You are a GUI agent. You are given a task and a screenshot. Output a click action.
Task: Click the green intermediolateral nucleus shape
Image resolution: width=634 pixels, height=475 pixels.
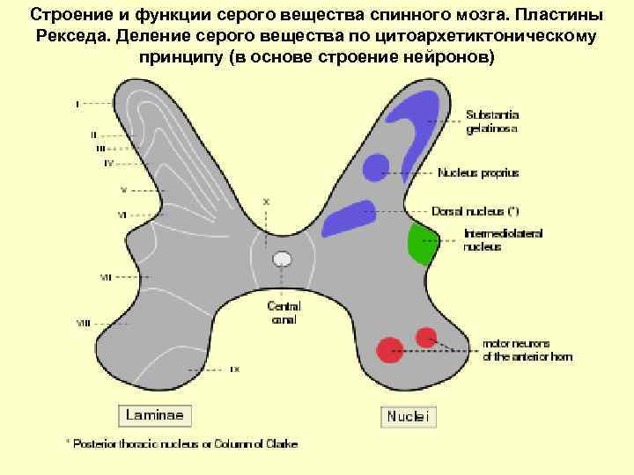[422, 244]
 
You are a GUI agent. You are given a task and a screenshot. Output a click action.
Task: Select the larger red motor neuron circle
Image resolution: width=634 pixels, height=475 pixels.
[388, 349]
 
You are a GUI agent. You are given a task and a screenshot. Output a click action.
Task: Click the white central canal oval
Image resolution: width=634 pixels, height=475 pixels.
[282, 259]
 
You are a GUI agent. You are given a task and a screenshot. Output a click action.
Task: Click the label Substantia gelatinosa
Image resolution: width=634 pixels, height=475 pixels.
[492, 121]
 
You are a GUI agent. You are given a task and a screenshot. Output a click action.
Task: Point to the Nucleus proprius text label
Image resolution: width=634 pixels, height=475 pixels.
[478, 173]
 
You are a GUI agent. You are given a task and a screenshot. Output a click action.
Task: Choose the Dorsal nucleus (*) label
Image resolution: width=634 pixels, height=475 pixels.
[475, 212]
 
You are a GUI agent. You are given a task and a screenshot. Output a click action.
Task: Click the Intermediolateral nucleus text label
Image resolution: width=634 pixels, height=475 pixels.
[504, 240]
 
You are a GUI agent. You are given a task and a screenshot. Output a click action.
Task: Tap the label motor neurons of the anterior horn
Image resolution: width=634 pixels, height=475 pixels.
[527, 350]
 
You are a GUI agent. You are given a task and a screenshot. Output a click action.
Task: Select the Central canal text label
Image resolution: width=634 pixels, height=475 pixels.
[284, 313]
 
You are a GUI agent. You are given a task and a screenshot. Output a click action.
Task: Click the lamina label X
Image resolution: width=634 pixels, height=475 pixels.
[267, 201]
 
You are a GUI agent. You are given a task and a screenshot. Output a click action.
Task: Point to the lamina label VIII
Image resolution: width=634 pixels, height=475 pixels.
[83, 324]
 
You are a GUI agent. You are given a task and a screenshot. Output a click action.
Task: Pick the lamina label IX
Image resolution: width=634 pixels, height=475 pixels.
[234, 369]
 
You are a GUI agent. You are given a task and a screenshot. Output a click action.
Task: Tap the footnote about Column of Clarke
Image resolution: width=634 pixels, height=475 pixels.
[181, 444]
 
